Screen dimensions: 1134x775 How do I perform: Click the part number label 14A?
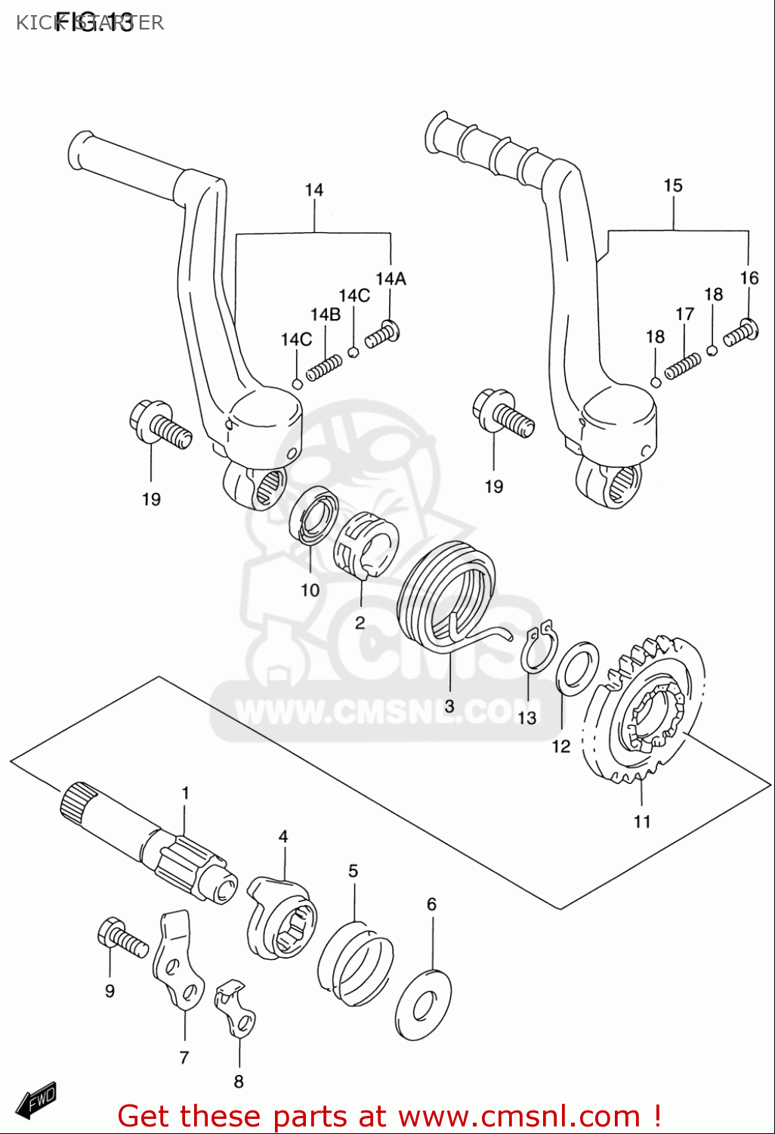tap(391, 279)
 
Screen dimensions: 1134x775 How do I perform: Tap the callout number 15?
tap(672, 186)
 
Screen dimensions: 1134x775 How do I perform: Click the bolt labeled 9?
tap(121, 938)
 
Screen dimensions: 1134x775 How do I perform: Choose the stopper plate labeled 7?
tap(178, 960)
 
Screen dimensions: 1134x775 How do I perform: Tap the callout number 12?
tap(560, 747)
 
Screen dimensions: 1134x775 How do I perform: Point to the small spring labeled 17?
tap(683, 366)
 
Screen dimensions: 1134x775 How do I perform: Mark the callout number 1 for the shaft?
tap(185, 793)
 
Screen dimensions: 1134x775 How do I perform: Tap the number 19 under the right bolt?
tap(493, 487)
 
